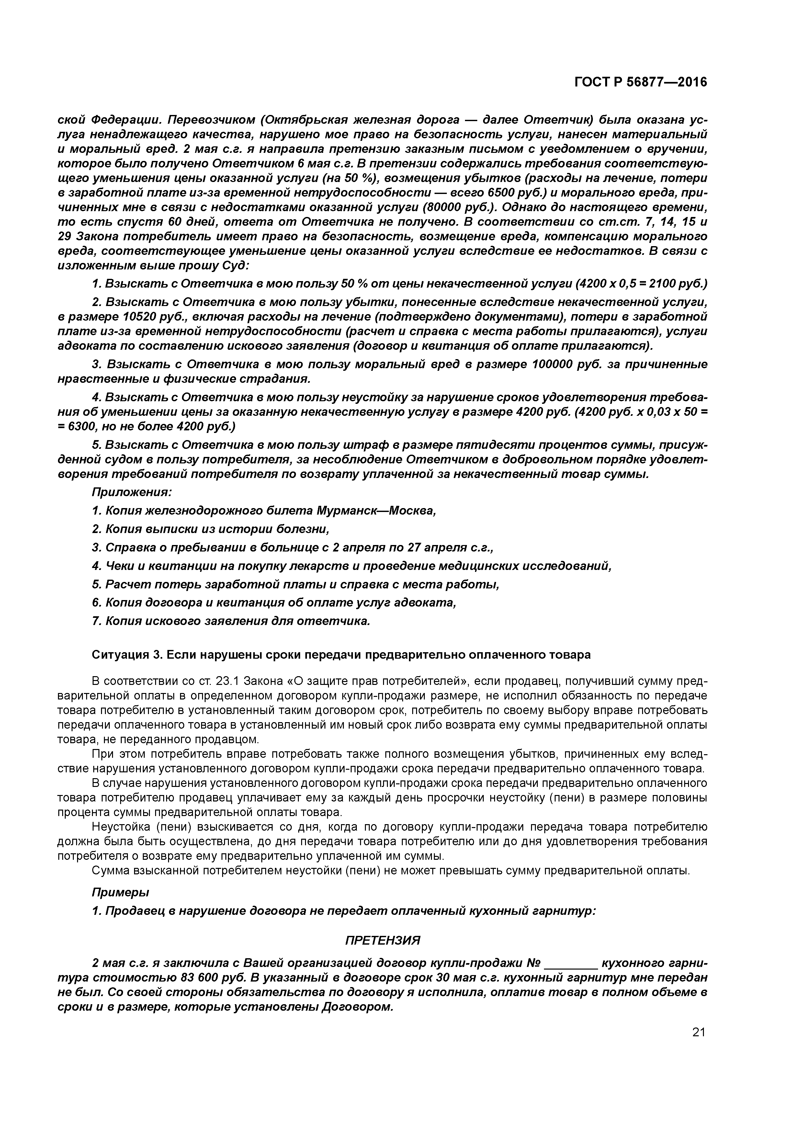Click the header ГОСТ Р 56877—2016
tap(641, 82)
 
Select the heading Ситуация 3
tap(127, 654)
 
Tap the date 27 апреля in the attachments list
tap(437, 547)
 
